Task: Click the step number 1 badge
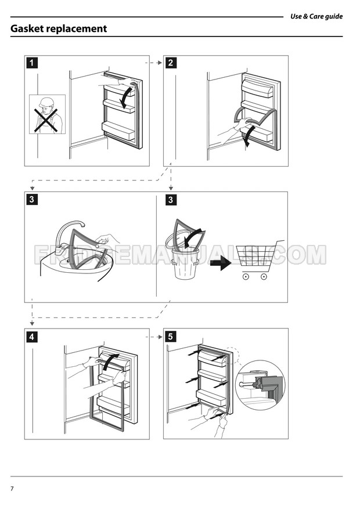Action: pos(32,63)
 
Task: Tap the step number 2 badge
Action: pos(171,63)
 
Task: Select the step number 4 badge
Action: pos(32,337)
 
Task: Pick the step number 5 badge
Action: pos(171,337)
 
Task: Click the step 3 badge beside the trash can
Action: pos(171,200)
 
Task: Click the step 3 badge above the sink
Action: pos(32,200)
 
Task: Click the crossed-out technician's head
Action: pos(46,104)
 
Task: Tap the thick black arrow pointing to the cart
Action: pos(221,263)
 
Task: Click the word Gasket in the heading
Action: pos(27,28)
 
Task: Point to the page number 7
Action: pos(12,488)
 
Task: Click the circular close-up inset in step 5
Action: pos(260,385)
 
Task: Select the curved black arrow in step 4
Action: pos(111,361)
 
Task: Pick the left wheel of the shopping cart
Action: pos(246,277)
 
